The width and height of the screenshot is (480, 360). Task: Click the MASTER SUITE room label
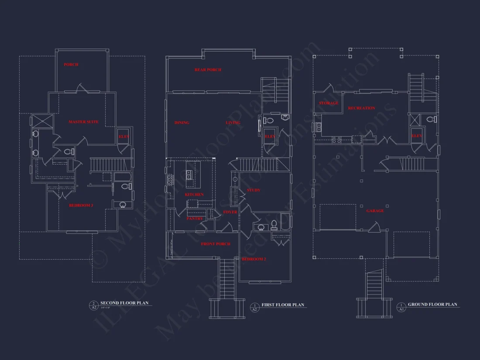[83, 122]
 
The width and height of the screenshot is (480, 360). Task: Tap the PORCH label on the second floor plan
[71, 65]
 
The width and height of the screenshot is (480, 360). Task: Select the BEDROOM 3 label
[81, 205]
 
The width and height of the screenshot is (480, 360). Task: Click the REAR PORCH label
[208, 70]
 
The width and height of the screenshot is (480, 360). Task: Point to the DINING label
[182, 123]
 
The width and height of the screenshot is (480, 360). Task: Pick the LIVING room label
[233, 123]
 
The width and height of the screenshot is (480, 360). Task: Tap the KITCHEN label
[194, 195]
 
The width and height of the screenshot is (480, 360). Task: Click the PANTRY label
[195, 219]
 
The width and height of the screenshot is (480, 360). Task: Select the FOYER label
[230, 213]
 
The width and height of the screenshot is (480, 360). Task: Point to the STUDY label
[254, 190]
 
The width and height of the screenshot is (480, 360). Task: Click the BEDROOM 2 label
[254, 259]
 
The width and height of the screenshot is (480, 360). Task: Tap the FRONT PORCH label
[216, 244]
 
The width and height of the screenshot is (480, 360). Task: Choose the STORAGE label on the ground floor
[329, 103]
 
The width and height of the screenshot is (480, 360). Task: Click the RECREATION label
[361, 108]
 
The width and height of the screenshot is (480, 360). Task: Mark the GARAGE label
[375, 211]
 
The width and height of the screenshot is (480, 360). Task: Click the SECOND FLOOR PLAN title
[124, 303]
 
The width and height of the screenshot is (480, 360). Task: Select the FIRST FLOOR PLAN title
[283, 305]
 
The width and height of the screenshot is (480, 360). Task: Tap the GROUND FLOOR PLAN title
[432, 305]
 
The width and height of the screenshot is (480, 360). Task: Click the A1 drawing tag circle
[401, 307]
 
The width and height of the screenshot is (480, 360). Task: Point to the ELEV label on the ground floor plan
[417, 136]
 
